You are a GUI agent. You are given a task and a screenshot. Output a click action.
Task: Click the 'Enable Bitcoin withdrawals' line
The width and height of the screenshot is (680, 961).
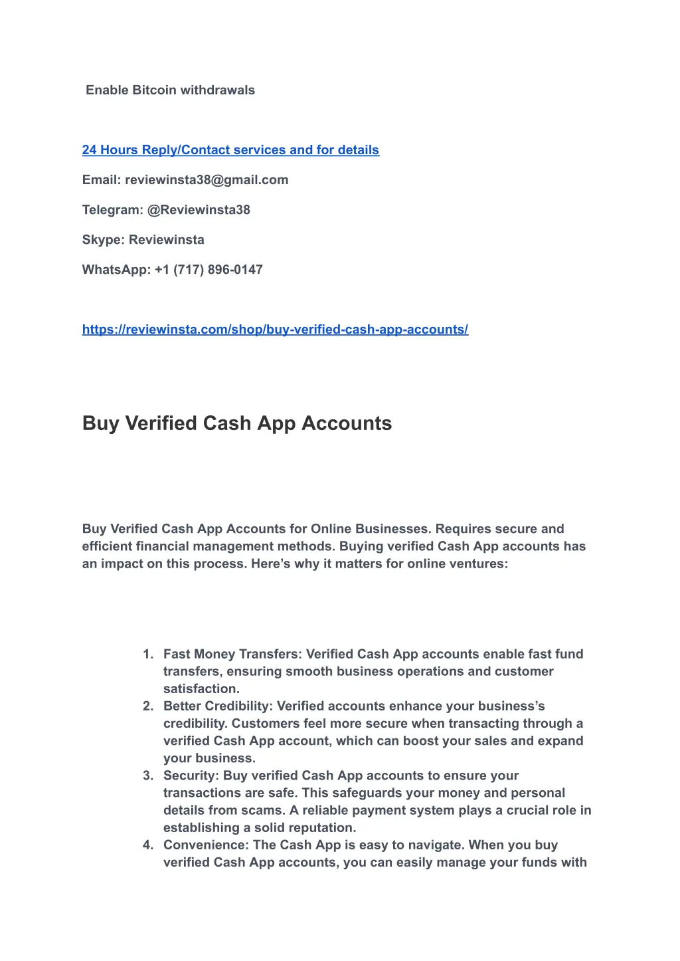170,90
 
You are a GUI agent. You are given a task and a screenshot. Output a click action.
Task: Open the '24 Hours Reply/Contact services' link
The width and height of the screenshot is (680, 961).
230,150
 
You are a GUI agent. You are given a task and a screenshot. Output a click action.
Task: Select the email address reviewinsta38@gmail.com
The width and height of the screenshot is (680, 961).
207,180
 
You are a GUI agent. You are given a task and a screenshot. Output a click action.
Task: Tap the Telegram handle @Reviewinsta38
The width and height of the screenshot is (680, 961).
199,210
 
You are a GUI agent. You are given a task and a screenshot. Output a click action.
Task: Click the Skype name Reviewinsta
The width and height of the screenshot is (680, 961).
166,240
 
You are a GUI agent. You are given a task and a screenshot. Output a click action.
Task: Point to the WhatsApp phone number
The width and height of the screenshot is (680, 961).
209,270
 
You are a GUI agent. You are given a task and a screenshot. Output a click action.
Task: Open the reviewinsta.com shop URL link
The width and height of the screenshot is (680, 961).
275,330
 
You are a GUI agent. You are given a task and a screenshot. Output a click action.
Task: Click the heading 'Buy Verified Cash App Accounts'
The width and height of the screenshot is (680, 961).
237,423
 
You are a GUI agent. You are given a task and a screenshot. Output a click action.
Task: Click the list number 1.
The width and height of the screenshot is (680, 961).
147,654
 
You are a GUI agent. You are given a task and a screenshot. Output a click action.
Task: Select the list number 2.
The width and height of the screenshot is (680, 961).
147,706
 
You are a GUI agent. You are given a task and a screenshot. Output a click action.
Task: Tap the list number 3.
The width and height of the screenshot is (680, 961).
147,776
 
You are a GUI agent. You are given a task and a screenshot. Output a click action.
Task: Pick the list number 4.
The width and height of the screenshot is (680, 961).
147,845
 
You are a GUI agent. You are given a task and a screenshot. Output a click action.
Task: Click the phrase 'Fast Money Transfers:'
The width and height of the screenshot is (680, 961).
232,654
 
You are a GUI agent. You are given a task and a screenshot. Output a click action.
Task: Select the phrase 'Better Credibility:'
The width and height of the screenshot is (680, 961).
218,706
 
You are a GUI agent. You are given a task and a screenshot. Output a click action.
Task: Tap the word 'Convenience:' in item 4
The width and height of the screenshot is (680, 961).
206,845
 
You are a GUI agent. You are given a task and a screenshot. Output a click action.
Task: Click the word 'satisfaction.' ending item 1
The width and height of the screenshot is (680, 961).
201,689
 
